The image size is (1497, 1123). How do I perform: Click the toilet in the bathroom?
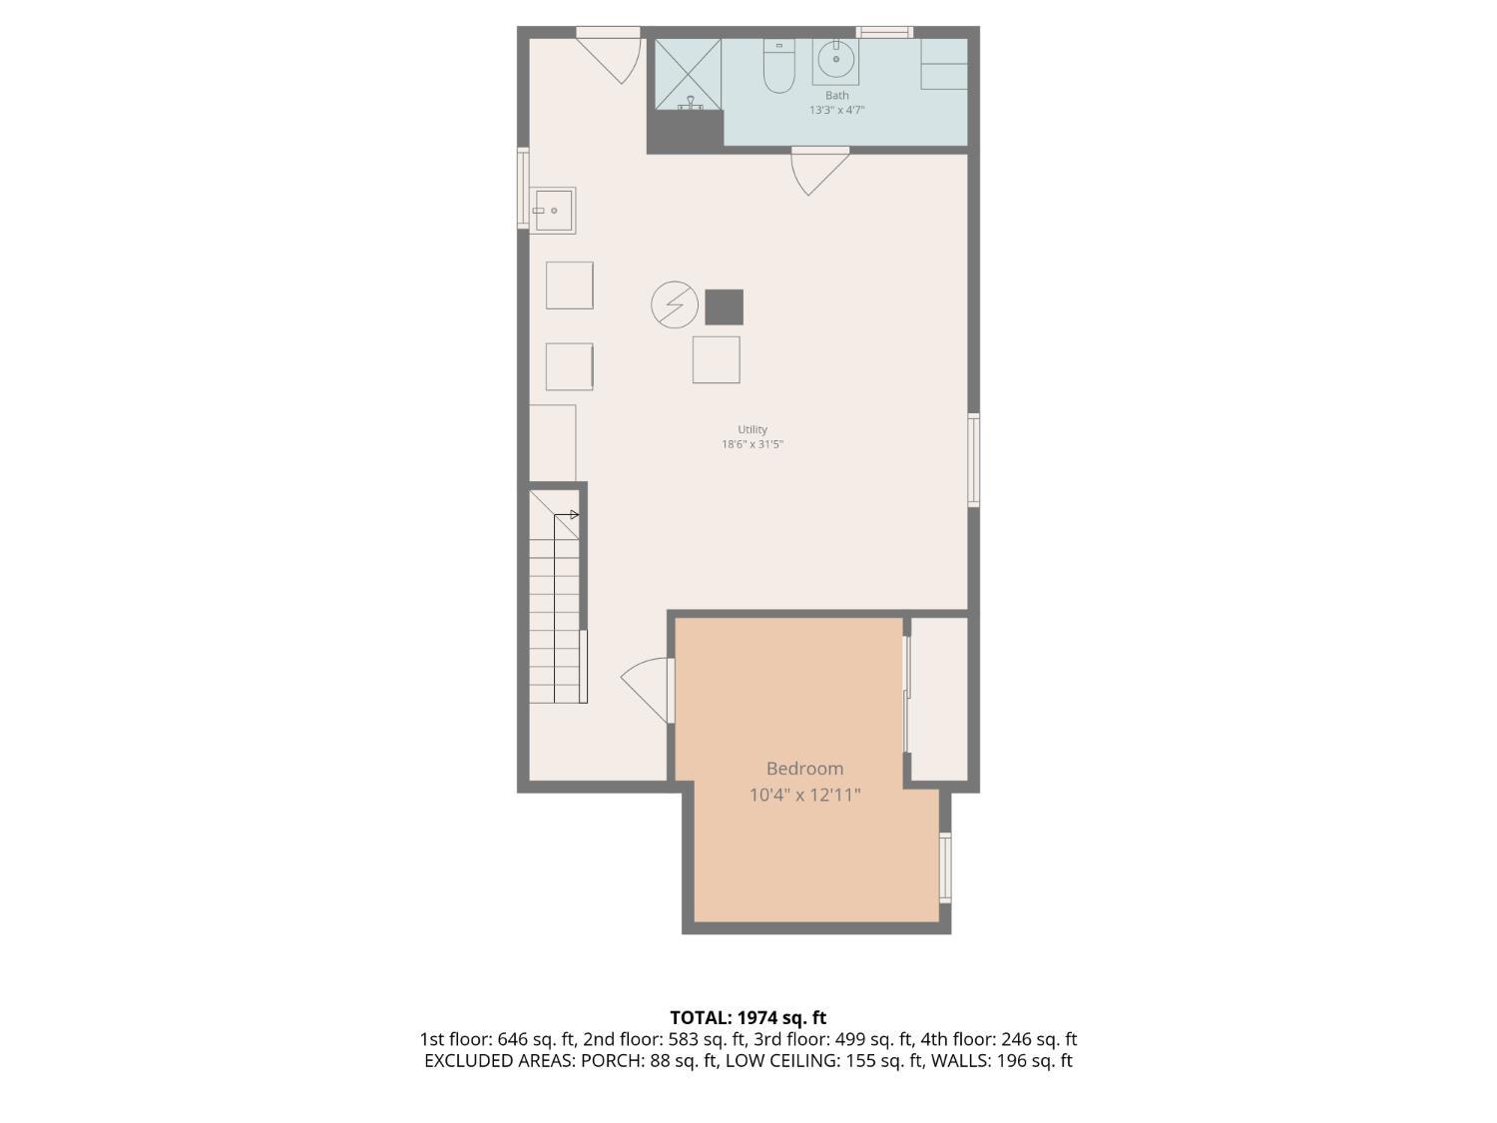[x=777, y=66]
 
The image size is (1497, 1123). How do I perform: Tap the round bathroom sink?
[x=835, y=60]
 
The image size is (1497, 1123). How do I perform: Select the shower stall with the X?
[x=688, y=73]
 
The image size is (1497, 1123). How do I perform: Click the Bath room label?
[x=836, y=96]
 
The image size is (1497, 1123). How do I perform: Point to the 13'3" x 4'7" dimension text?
[x=836, y=110]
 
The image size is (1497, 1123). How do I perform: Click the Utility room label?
[x=752, y=429]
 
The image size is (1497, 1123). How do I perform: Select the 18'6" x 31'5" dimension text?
[x=752, y=444]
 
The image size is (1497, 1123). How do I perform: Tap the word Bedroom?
[x=804, y=769]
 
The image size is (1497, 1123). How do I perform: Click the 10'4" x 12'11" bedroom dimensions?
[x=804, y=795]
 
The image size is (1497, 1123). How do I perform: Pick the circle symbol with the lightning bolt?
[x=675, y=305]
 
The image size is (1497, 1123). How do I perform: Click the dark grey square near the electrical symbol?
[x=724, y=306]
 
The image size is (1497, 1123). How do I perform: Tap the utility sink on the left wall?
[x=552, y=211]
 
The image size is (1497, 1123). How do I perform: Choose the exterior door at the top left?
[x=610, y=56]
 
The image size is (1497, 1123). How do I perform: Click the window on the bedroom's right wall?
[x=945, y=867]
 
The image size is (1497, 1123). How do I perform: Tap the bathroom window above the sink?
[x=884, y=33]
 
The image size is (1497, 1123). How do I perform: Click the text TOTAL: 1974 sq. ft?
[x=748, y=1018]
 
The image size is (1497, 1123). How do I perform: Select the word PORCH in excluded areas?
[x=613, y=1061]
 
